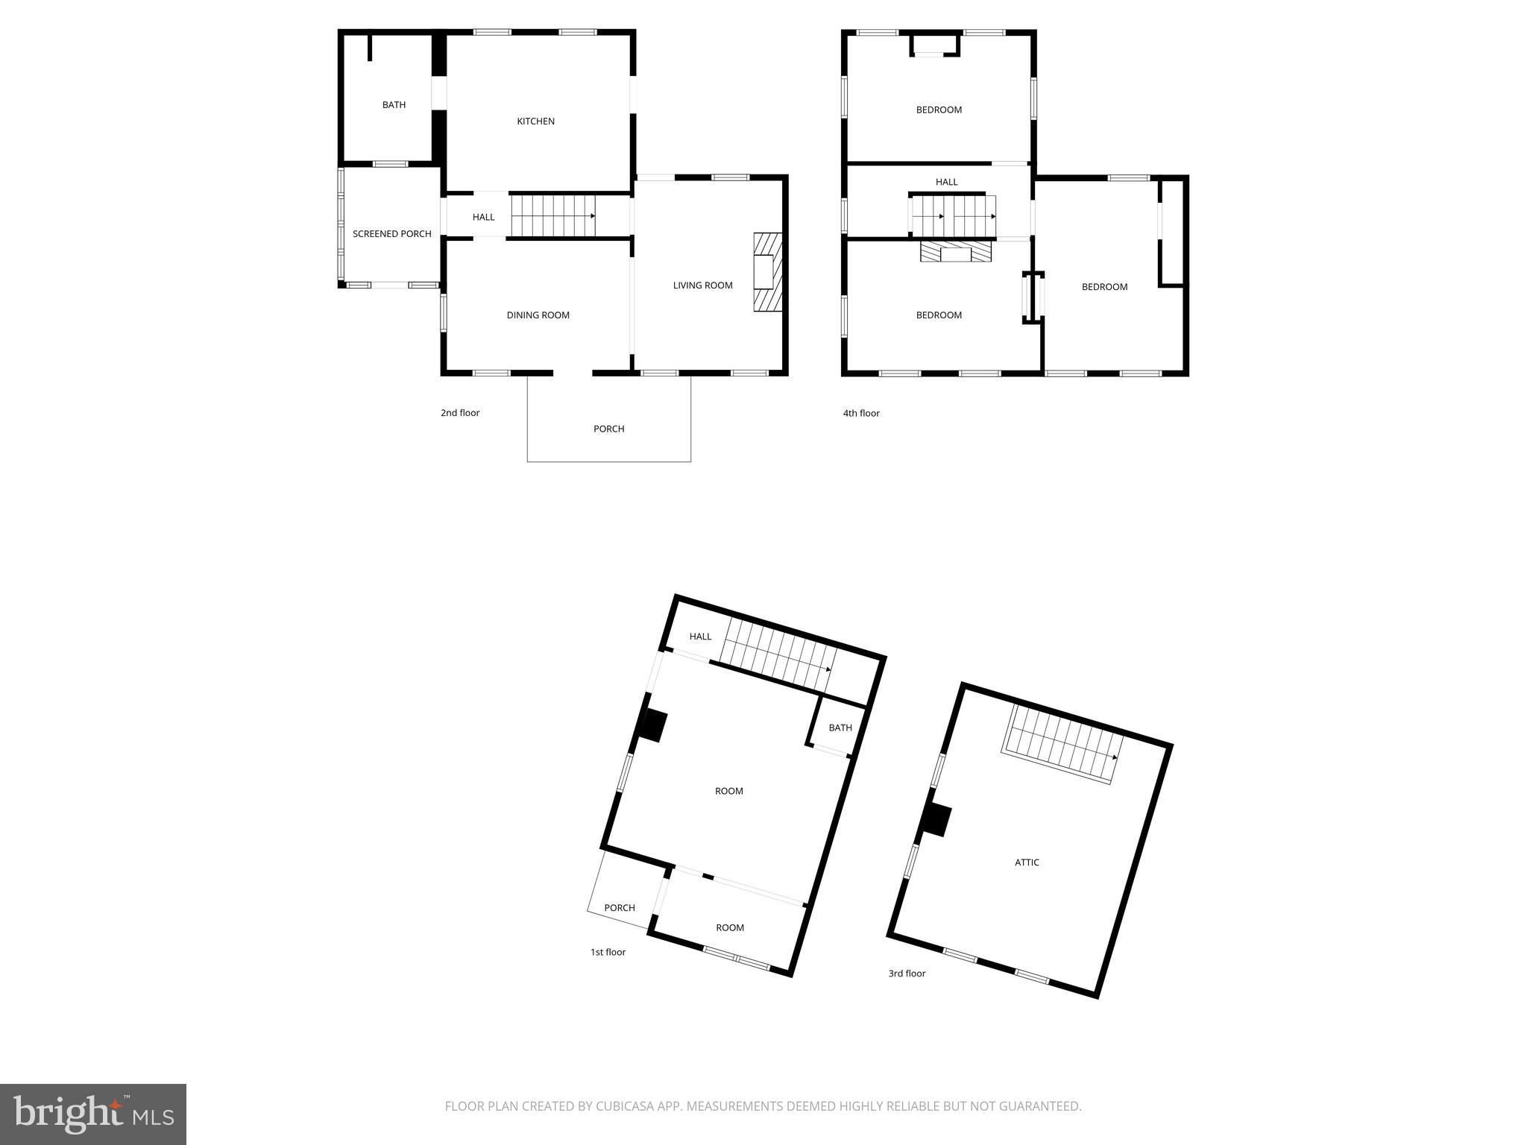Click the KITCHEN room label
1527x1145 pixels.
[535, 122]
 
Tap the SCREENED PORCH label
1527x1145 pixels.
[391, 234]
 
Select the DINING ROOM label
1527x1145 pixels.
[538, 315]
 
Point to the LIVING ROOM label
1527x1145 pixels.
[702, 286]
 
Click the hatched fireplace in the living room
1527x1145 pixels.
[767, 272]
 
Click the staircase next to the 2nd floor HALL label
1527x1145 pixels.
[553, 216]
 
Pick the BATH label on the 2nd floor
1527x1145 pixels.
[394, 105]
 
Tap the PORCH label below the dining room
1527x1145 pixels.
[608, 429]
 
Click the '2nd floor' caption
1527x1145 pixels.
[460, 413]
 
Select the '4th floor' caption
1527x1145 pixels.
[861, 413]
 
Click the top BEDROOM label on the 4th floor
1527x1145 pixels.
[939, 110]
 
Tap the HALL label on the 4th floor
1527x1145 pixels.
[946, 182]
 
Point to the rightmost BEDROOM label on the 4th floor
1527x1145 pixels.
[1104, 287]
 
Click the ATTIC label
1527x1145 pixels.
[1027, 862]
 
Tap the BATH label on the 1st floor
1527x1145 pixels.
[840, 728]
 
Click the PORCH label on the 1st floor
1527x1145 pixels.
[619, 908]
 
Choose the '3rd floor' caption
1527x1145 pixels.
[907, 974]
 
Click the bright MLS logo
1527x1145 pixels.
[93, 1114]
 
